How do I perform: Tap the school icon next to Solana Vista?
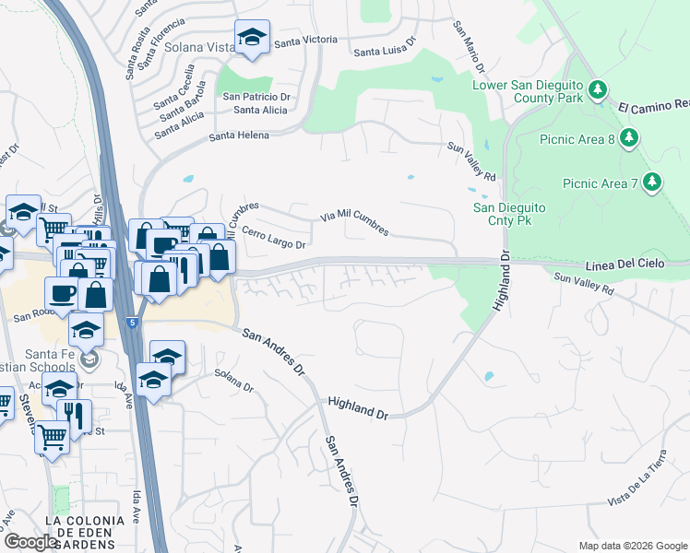point(251,38)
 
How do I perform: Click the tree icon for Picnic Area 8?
point(629,138)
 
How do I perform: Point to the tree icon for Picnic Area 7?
point(653,182)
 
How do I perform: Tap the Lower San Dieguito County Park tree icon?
point(598,90)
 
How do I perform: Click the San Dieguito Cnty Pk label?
point(510,214)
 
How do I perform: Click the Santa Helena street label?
point(239,135)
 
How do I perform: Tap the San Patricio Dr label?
point(256,96)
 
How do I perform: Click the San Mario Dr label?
point(468,47)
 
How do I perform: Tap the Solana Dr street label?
point(233,381)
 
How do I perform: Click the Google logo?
point(30,542)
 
